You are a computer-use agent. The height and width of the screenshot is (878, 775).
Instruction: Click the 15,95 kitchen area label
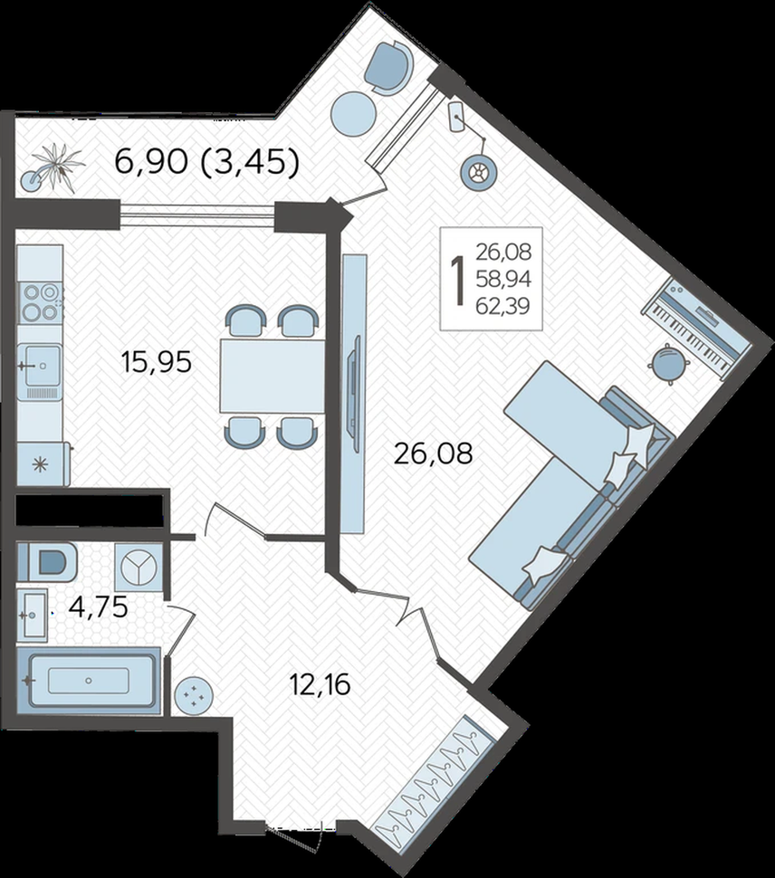pos(157,362)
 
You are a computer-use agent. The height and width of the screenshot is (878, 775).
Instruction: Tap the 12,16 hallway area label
pos(320,684)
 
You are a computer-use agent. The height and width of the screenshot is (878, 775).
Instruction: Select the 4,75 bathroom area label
pos(98,607)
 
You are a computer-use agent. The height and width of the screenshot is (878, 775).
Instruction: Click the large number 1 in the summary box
pos(459,280)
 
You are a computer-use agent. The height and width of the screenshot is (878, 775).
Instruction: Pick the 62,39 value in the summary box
pos(502,306)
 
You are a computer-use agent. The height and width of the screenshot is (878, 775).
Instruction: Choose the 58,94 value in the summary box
pos(503,279)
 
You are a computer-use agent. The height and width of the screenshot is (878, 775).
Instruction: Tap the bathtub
pos(89,681)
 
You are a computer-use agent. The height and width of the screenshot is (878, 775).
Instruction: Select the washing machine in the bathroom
pos(139,565)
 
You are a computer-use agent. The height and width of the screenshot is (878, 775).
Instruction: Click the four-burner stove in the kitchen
pos(41,301)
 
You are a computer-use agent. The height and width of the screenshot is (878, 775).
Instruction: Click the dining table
pos(273,376)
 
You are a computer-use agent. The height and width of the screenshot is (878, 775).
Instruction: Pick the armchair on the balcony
pos(388,68)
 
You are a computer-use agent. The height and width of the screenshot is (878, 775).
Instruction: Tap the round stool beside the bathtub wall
pos(194,696)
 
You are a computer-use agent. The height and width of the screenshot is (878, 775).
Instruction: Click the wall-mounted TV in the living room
pos(354,387)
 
